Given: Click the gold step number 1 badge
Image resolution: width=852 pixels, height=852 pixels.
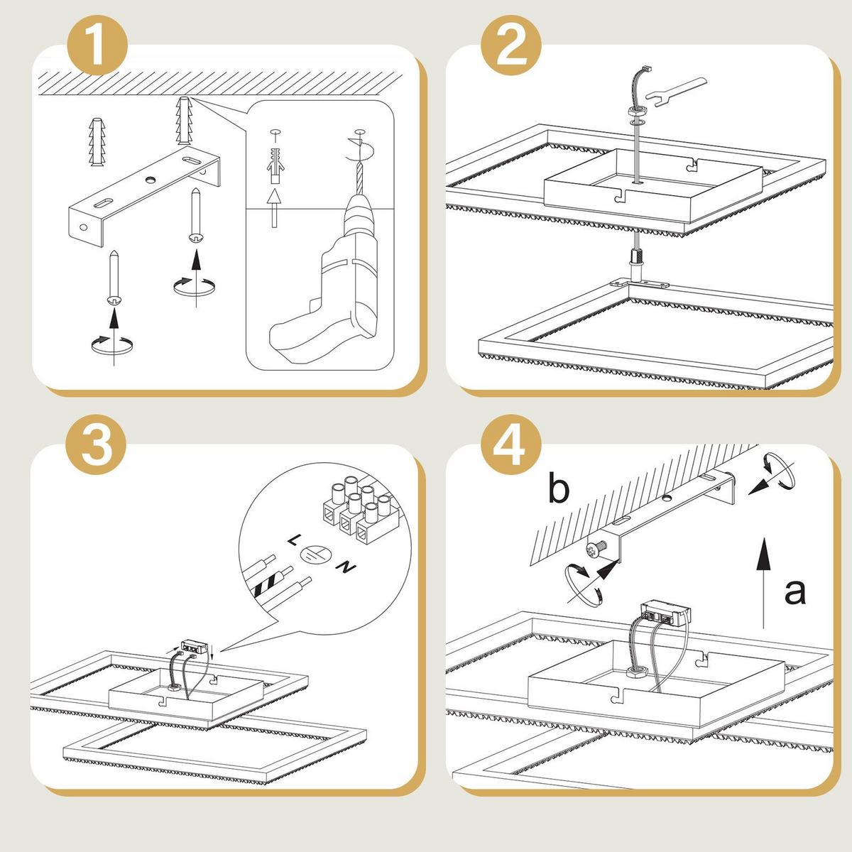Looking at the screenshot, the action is coord(97,46).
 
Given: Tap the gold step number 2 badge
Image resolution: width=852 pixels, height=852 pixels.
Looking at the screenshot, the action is coord(511,46).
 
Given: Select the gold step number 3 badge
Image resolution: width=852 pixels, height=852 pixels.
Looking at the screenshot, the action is coord(96,444).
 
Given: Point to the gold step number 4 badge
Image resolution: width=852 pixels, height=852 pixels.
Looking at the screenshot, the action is coord(511,444).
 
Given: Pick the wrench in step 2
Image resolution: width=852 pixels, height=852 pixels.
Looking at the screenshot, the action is coord(676,92).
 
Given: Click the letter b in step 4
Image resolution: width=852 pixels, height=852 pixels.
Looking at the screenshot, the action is coord(559,487).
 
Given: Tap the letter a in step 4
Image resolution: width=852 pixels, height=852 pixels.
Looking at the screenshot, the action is coord(795,591).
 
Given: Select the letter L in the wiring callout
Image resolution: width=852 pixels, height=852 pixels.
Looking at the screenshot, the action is coord(293,540).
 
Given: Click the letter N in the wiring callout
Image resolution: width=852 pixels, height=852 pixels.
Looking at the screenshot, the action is coord(346,566).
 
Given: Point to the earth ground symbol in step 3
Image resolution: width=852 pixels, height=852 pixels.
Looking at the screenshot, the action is coord(315,553).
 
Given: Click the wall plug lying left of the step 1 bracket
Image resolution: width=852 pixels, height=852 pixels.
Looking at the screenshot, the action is coord(97,141).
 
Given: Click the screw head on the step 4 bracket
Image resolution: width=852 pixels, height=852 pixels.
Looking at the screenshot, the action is coord(595,550).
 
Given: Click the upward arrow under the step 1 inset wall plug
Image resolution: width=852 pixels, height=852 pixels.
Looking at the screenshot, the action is coord(274,208).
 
